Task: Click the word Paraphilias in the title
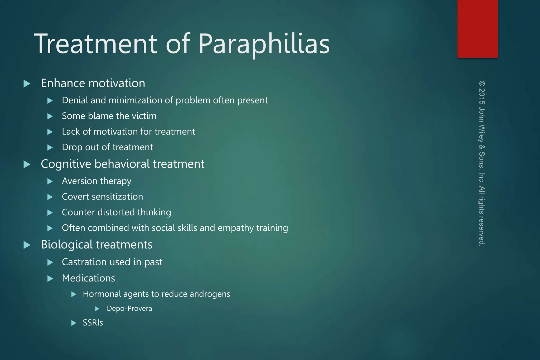coord(264,44)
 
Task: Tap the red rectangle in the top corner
coord(477,28)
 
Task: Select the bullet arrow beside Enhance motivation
coord(27,84)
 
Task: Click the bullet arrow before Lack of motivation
coord(50,132)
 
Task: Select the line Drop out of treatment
coord(107,147)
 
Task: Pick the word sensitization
coord(117,197)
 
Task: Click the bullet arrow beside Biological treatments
coord(27,245)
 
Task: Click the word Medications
coord(88,278)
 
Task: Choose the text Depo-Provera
coord(129,309)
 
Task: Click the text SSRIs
coord(93,323)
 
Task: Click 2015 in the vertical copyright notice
coord(482,96)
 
